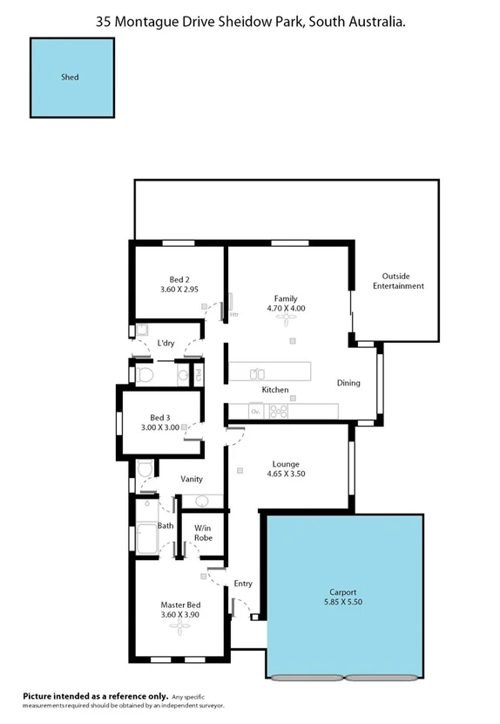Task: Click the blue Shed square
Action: coord(71,78)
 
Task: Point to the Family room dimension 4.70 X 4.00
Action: coord(286,308)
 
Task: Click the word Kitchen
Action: coord(275,390)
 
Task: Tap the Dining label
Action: coord(348,383)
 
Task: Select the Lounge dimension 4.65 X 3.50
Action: coord(286,475)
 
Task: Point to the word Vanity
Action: coord(192,479)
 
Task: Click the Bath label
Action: coord(166,526)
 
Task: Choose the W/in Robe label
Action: coord(203,533)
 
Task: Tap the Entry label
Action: coord(243,584)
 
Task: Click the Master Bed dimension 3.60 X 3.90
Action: coord(181,615)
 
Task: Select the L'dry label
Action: coord(166,343)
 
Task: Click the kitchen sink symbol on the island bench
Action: coord(257,374)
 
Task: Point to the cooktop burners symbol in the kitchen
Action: coord(279,411)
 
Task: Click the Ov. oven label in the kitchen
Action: coord(256,411)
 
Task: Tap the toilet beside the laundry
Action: coord(145,375)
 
